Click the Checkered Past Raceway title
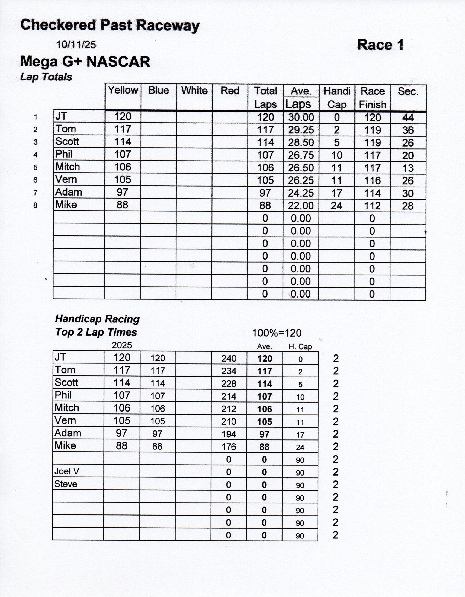pyautogui.click(x=110, y=25)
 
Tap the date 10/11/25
pyautogui.click(x=76, y=45)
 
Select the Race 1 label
pyautogui.click(x=380, y=45)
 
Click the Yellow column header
pyautogui.click(x=123, y=90)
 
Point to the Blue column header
pyautogui.click(x=159, y=90)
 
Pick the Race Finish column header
pyautogui.click(x=373, y=98)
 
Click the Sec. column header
pyautogui.click(x=408, y=91)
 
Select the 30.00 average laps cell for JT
pyautogui.click(x=301, y=117)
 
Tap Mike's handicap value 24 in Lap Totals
pyautogui.click(x=336, y=206)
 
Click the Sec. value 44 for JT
pyautogui.click(x=408, y=118)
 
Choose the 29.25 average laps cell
pyautogui.click(x=301, y=130)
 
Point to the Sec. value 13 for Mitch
pyautogui.click(x=408, y=168)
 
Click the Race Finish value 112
pyautogui.click(x=372, y=206)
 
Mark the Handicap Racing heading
pyautogui.click(x=97, y=319)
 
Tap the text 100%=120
pyautogui.click(x=277, y=333)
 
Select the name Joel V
pyautogui.click(x=67, y=471)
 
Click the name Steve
pyautogui.click(x=66, y=484)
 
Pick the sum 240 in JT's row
pyautogui.click(x=229, y=358)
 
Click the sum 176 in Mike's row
pyautogui.click(x=229, y=447)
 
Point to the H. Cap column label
pyautogui.click(x=300, y=347)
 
